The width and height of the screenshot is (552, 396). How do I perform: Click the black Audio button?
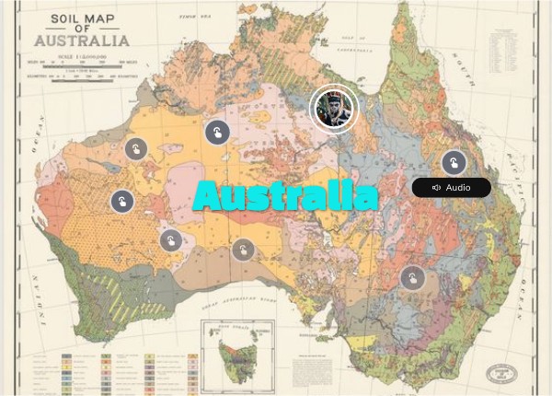tap(451, 188)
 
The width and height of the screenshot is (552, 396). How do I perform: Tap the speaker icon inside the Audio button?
tap(436, 188)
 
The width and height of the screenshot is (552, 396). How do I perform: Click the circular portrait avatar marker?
tap(331, 110)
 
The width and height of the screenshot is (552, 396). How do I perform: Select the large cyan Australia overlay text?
tap(286, 196)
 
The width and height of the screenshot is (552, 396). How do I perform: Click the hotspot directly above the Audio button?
tap(453, 163)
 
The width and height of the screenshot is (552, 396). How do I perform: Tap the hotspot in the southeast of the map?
tap(411, 277)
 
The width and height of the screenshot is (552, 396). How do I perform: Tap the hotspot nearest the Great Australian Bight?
tap(243, 250)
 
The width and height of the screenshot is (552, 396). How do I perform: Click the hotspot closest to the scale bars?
tap(136, 148)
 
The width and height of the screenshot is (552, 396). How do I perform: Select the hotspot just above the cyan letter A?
tap(217, 133)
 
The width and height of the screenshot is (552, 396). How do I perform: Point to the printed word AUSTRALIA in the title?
tap(81, 41)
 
